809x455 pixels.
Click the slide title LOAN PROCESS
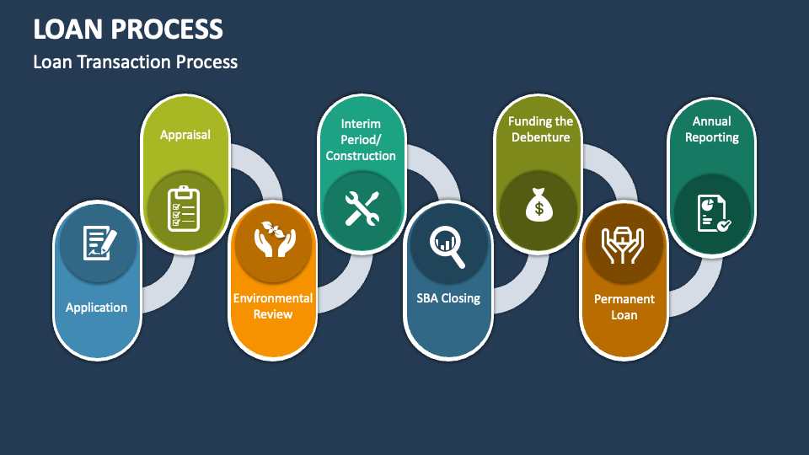click(x=128, y=29)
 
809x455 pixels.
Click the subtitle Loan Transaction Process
click(x=135, y=62)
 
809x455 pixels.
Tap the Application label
click(x=96, y=308)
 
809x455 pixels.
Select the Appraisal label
click(x=185, y=134)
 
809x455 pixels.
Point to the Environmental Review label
click(x=273, y=306)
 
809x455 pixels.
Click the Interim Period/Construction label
click(x=361, y=140)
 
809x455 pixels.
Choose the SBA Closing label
click(x=448, y=297)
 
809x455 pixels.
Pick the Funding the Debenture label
click(x=540, y=130)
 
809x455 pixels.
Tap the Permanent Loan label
click(x=624, y=307)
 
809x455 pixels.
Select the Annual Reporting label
click(x=712, y=130)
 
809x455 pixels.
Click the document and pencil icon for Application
click(x=97, y=243)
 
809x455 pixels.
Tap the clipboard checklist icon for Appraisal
click(x=185, y=207)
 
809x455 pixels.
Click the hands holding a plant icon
click(x=273, y=238)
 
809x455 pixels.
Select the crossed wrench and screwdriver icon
click(x=362, y=207)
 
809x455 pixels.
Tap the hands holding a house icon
click(x=624, y=242)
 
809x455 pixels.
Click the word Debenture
click(x=540, y=137)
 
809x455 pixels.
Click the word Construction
click(x=361, y=156)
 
